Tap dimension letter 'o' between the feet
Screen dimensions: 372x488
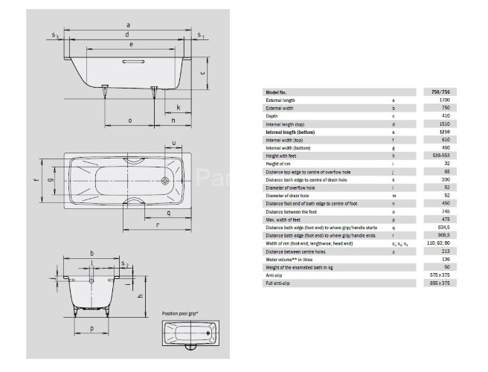click(129, 119)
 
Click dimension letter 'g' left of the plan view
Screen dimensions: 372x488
click(51, 180)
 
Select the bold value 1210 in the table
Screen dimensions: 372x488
click(443, 131)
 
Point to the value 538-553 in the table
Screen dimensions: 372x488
click(443, 155)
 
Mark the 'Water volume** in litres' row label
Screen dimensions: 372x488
click(290, 259)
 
